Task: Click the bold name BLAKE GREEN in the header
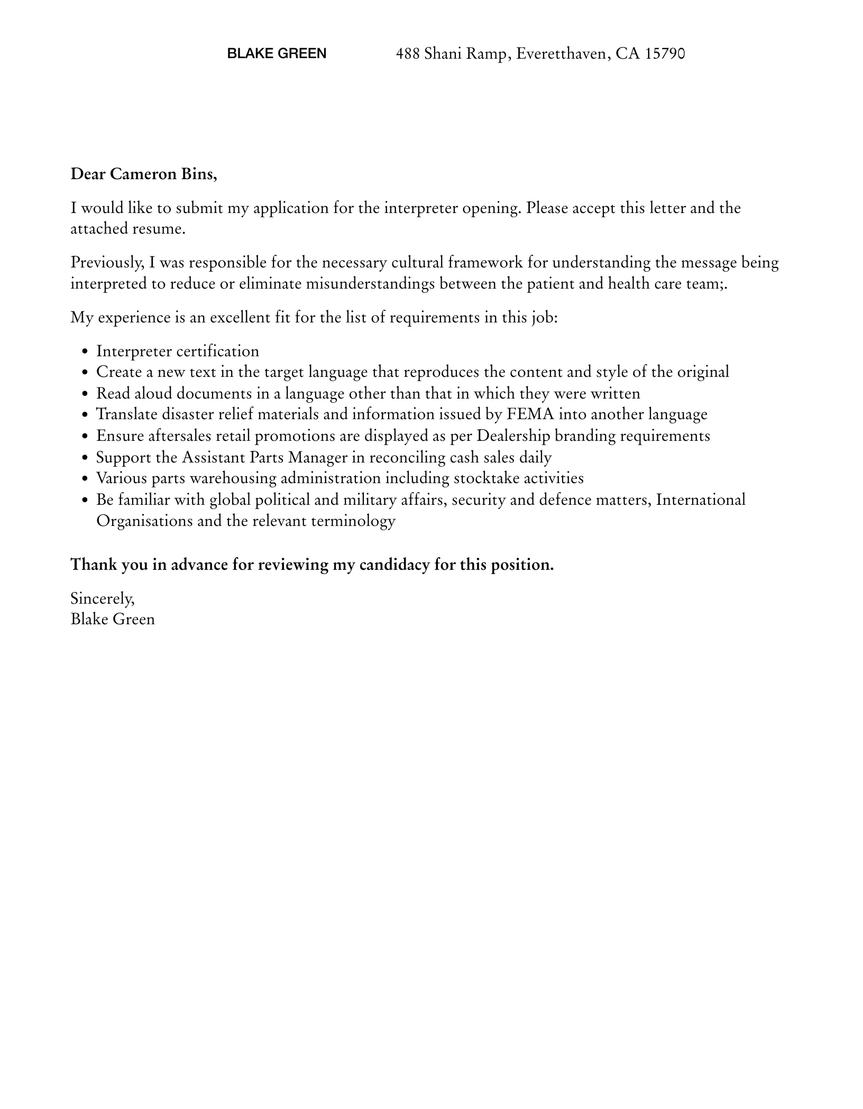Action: click(x=277, y=53)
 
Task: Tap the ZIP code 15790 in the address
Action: click(x=665, y=53)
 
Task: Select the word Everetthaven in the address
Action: click(x=562, y=53)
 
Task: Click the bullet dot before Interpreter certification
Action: click(x=86, y=352)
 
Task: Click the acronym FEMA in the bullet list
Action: click(x=530, y=414)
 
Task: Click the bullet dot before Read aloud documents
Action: click(x=86, y=394)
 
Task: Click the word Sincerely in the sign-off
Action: click(x=102, y=599)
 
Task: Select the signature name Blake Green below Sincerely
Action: click(x=113, y=620)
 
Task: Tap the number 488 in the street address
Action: click(x=408, y=53)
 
